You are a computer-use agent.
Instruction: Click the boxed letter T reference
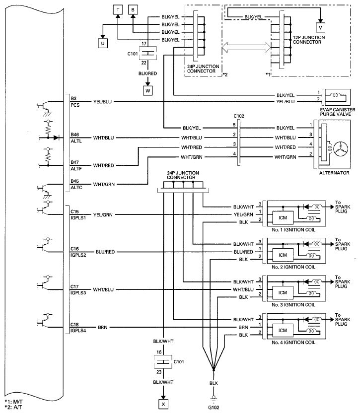coord(118,10)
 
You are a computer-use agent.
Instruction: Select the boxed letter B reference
coord(133,10)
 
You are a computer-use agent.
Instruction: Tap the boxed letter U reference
coord(103,43)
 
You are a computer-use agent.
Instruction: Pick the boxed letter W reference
coord(147,91)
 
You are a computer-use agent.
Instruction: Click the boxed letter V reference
coord(320,27)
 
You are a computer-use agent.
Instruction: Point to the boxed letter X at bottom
coord(163,404)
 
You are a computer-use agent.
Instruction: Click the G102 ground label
coord(214,408)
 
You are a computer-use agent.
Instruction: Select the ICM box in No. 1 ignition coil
coord(283,218)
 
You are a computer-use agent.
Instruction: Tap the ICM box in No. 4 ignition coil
coord(283,330)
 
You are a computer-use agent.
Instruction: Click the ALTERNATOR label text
coord(334,173)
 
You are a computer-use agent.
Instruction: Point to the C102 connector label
coord(239,116)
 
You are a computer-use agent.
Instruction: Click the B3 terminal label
coord(73,98)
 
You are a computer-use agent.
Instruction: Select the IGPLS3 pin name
coord(78,293)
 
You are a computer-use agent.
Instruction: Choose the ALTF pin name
coord(76,169)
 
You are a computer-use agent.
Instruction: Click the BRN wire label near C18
coord(102,328)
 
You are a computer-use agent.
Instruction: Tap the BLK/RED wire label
coord(147,73)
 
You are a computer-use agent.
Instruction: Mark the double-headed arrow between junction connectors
coord(246,48)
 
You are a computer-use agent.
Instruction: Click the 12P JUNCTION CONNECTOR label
coord(309,40)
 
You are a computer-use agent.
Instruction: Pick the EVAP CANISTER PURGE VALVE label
coord(337,112)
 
